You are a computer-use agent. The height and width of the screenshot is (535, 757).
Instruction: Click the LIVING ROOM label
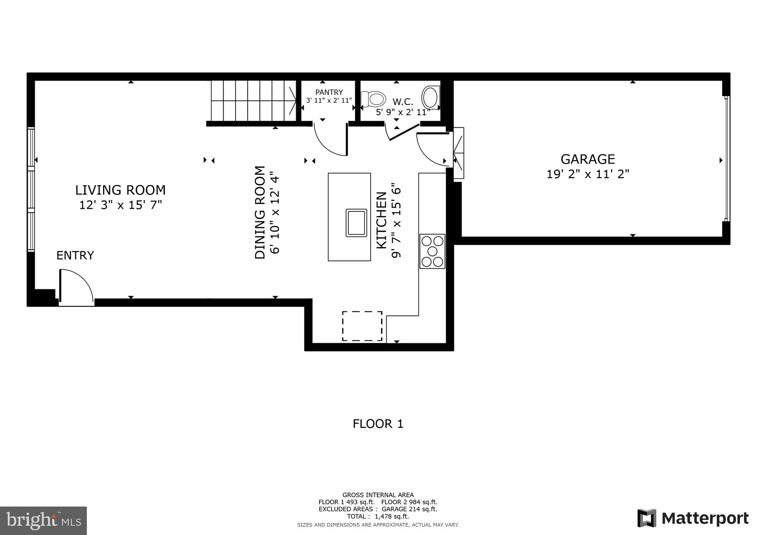tap(120, 190)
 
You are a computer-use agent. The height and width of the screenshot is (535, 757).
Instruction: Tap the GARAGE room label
tap(588, 159)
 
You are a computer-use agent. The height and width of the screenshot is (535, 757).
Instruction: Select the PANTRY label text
tap(329, 92)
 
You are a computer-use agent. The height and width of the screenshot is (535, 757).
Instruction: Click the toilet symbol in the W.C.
tap(373, 99)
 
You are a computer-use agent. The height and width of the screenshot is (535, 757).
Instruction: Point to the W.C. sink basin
tap(430, 97)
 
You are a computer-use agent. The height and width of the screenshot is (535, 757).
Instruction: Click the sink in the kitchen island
tap(356, 223)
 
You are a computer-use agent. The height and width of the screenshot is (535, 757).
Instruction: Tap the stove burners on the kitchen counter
tap(432, 251)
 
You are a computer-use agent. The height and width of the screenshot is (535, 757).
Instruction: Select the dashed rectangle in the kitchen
tap(362, 326)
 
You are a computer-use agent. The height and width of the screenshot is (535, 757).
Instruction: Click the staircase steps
tap(251, 100)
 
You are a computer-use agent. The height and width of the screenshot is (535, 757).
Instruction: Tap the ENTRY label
tap(75, 255)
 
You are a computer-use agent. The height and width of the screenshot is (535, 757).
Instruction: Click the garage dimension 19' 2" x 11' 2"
tap(588, 174)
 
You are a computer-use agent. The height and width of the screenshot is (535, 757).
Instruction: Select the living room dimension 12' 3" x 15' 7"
tap(120, 205)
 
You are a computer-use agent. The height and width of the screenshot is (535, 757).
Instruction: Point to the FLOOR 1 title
tap(378, 424)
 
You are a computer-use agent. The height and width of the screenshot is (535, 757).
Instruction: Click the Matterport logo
tap(693, 518)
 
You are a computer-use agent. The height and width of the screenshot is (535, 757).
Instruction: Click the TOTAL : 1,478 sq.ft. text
tap(378, 517)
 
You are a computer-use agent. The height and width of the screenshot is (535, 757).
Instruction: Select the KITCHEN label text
tap(381, 220)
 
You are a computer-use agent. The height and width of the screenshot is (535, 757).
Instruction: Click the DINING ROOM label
tap(260, 212)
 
